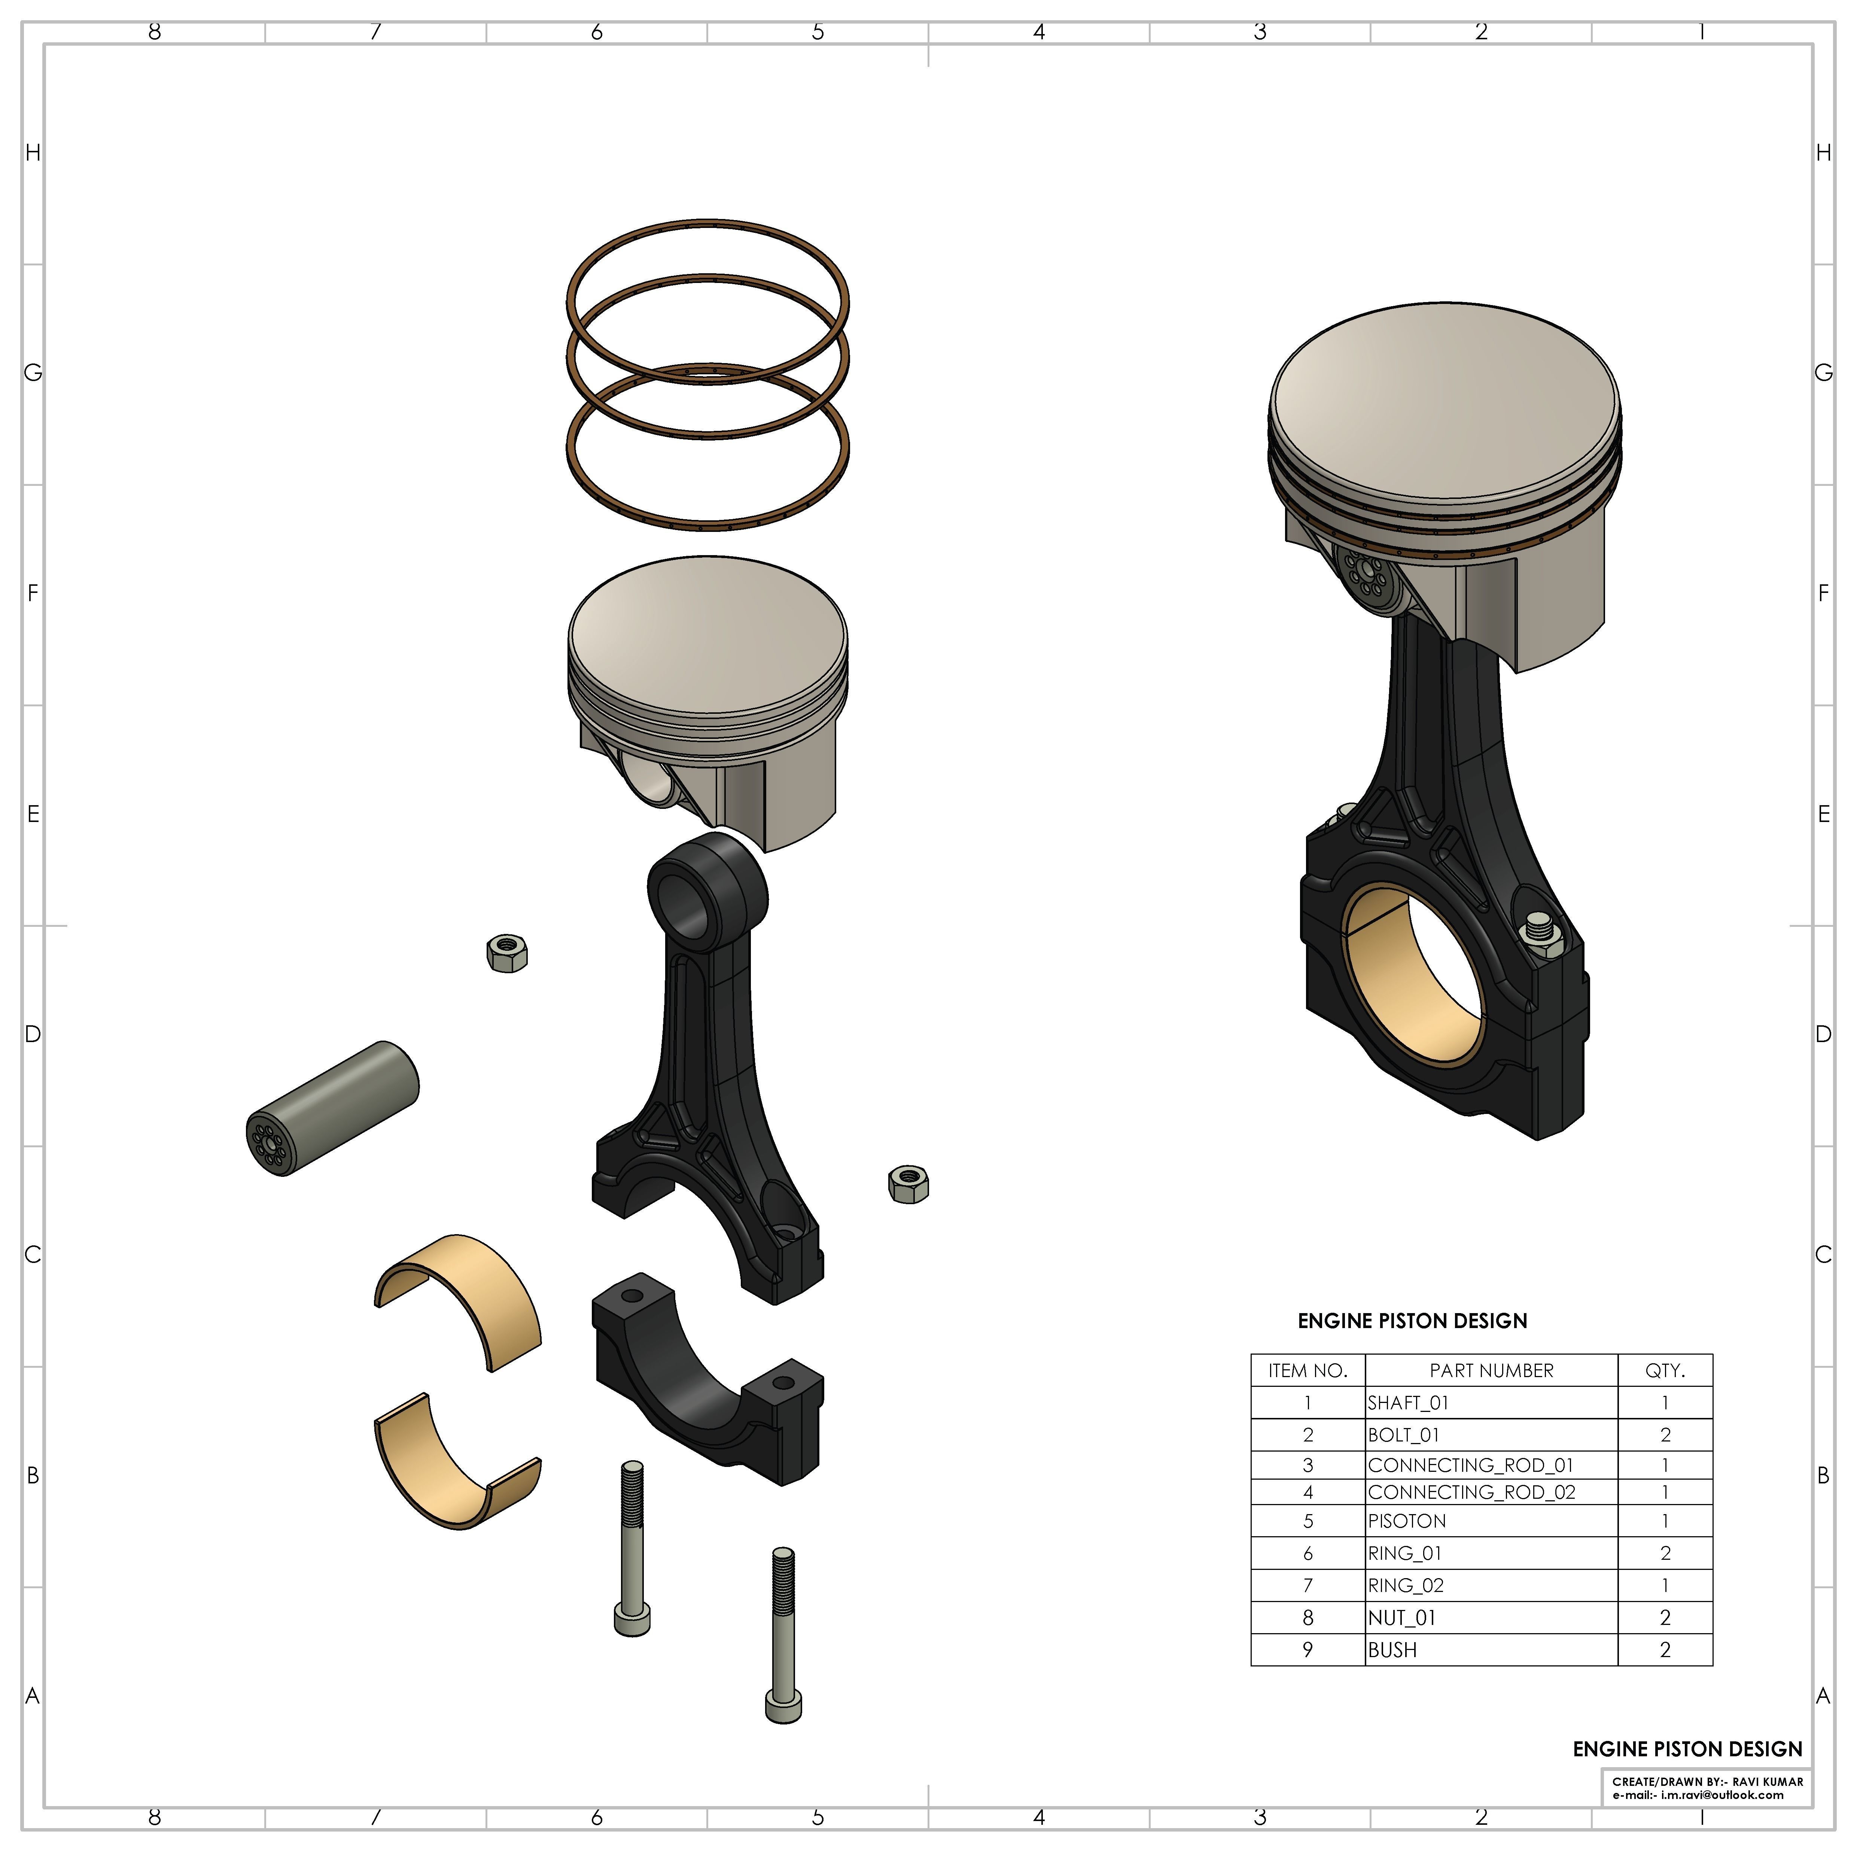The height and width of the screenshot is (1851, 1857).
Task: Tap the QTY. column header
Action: point(1665,1370)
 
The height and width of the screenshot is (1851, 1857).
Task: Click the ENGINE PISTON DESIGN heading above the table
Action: point(1412,1321)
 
